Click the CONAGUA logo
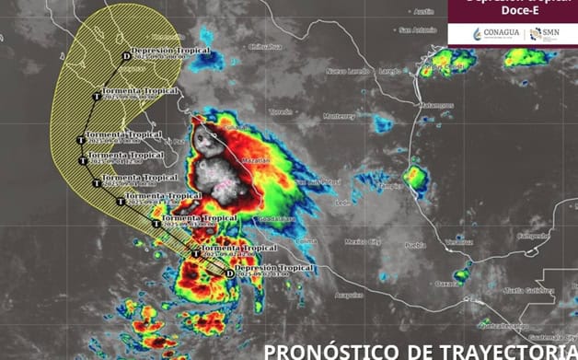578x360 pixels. coord(495,34)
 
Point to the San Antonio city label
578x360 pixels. coord(417,29)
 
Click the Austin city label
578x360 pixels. coord(423,12)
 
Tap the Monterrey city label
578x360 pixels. coord(339,116)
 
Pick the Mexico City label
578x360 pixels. coord(363,241)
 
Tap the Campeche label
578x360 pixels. coord(532,236)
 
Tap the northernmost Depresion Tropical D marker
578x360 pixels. coord(126,56)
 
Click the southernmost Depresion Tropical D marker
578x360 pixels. coord(229,273)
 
